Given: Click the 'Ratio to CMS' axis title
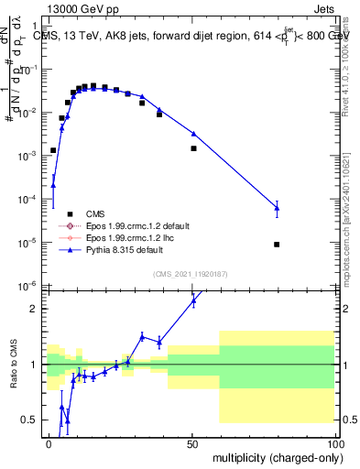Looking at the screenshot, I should pos(13,365).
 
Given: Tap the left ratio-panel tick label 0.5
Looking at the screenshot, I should pos(31,420).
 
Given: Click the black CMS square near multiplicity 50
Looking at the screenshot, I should pos(193,148).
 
